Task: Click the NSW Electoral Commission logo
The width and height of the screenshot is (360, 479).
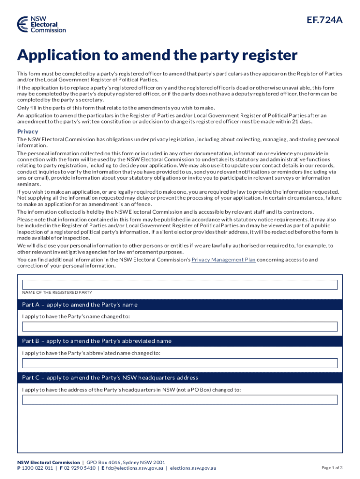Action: [42, 24]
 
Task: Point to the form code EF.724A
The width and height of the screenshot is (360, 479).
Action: [324, 20]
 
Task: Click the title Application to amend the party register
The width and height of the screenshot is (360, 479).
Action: [157, 56]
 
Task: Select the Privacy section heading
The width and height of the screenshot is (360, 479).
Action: [28, 131]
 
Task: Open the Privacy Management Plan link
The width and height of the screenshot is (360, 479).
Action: [223, 260]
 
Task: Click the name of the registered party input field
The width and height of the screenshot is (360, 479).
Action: [180, 284]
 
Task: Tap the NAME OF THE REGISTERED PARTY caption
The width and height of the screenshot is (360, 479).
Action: [57, 293]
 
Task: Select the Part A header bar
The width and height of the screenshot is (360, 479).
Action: [180, 305]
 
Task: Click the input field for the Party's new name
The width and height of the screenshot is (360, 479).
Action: [180, 327]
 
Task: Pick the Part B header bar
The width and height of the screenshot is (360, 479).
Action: [180, 341]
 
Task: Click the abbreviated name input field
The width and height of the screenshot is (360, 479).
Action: [180, 363]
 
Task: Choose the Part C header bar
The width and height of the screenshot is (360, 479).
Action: [180, 377]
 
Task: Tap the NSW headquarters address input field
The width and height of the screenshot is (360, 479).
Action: [180, 399]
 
